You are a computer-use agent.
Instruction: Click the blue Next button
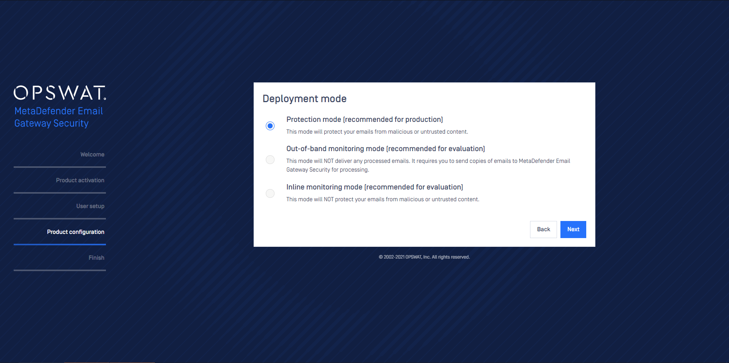pos(573,229)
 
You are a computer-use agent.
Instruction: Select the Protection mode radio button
pos(270,126)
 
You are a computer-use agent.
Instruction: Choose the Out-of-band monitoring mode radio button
pos(270,159)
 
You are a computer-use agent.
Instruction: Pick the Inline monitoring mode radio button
pos(270,193)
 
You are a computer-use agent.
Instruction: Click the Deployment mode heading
pos(305,99)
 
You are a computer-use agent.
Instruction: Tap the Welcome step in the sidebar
pos(92,155)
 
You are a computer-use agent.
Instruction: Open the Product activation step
pos(80,180)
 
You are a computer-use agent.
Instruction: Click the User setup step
pos(90,206)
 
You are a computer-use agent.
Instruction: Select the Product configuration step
pos(76,232)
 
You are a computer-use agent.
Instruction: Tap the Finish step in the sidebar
pos(96,258)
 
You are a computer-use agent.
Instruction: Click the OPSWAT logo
pos(60,93)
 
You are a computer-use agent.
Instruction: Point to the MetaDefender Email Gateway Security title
pos(59,117)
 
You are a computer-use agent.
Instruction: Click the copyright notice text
pos(424,257)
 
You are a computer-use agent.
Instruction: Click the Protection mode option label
pos(364,120)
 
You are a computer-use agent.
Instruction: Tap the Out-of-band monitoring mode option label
pos(386,149)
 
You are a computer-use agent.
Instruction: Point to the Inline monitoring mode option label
pos(375,187)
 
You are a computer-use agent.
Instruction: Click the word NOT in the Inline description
pos(329,199)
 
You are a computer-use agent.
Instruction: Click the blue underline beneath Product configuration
pos(60,245)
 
